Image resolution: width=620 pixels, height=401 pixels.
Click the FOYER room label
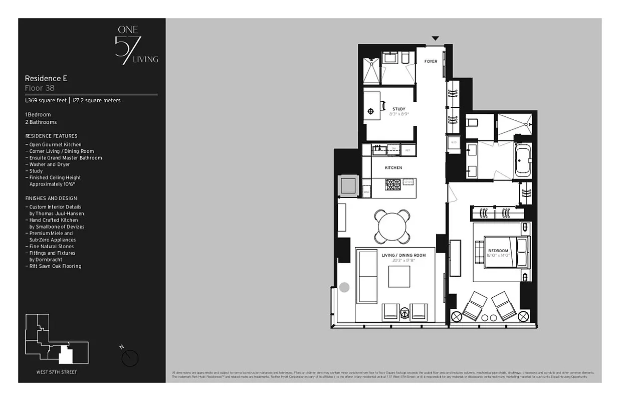pos(431,62)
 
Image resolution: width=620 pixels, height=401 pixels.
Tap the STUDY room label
pos(399,109)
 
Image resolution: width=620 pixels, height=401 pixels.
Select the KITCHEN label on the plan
pos(393,168)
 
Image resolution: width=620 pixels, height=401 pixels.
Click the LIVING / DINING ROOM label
pos(403,256)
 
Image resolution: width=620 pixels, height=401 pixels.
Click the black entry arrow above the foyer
pos(435,38)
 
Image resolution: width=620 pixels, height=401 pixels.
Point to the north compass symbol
pos(130,357)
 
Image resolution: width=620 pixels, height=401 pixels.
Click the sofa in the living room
pos(367,277)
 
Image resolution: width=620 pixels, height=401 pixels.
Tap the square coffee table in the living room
pos(399,276)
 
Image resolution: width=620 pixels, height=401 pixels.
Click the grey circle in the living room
pos(344,288)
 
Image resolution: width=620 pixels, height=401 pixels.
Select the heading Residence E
pos(46,79)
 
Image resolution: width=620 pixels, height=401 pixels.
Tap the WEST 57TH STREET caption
pos(57,372)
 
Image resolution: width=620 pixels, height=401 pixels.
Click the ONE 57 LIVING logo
pos(136,46)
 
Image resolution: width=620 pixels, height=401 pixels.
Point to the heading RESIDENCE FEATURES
pos(51,136)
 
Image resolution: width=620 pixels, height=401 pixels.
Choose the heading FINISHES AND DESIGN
pos(51,198)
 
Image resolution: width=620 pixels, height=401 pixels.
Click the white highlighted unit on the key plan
pos(66,355)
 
